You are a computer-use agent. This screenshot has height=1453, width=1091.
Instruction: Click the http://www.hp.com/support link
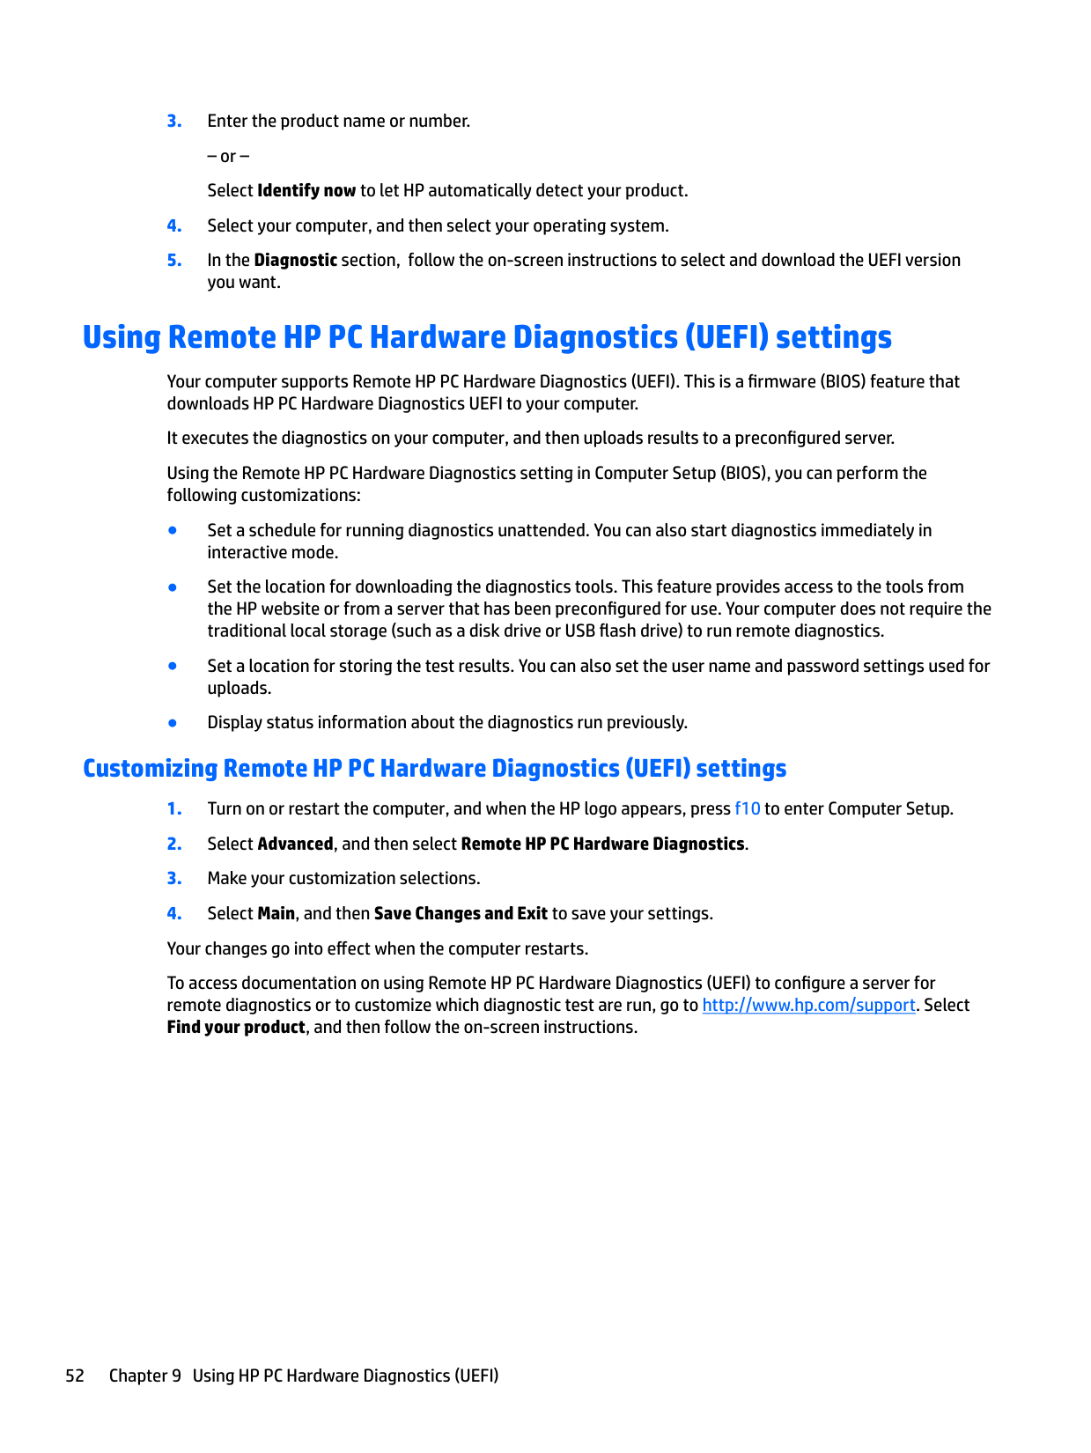click(808, 1005)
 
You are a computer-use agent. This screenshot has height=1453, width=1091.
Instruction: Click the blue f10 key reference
click(747, 808)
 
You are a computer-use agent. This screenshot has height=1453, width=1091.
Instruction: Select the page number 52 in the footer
click(75, 1376)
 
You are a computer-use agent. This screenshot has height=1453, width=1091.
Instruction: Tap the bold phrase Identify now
click(306, 190)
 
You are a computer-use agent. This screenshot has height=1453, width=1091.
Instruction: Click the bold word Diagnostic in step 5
click(295, 260)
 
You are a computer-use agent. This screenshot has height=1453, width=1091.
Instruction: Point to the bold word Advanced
click(295, 844)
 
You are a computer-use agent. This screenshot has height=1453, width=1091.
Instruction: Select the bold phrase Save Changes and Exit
click(461, 913)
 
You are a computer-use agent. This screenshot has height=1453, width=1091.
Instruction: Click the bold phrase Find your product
click(236, 1027)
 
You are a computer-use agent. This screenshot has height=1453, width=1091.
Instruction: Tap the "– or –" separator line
click(228, 156)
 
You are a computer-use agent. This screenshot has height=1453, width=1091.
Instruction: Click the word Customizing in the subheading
click(150, 768)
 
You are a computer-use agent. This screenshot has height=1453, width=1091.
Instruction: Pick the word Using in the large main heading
click(122, 337)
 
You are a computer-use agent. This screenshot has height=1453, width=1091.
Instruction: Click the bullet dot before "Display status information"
click(173, 723)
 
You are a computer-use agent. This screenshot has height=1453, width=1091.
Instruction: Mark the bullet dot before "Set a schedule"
click(173, 530)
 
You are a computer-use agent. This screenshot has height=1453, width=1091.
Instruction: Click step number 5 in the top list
click(174, 260)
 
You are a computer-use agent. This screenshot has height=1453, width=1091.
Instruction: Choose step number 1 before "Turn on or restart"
click(174, 808)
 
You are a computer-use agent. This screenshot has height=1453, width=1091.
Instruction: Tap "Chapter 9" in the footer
click(144, 1376)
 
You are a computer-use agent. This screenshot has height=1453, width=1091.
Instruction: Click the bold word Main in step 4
click(276, 913)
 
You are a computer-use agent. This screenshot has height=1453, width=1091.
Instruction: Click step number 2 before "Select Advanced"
click(174, 844)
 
